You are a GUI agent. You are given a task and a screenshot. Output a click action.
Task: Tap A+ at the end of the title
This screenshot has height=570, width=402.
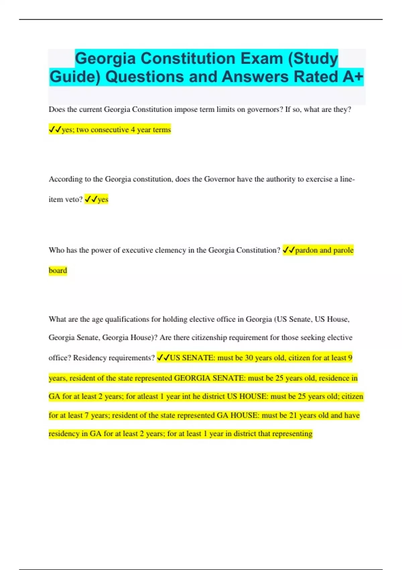(x=353, y=76)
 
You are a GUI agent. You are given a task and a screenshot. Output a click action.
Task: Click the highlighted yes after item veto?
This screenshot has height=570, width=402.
(x=103, y=199)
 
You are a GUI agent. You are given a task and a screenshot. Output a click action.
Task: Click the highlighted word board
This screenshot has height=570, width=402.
(x=58, y=270)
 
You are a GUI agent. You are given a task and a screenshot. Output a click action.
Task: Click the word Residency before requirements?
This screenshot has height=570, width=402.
(x=89, y=358)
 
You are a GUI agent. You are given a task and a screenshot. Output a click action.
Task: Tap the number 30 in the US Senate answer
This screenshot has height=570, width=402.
(x=249, y=358)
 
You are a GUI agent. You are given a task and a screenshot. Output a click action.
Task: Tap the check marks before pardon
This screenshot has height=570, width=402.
(x=288, y=250)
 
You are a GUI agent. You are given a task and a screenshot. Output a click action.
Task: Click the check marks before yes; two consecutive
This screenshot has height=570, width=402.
(x=55, y=129)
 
